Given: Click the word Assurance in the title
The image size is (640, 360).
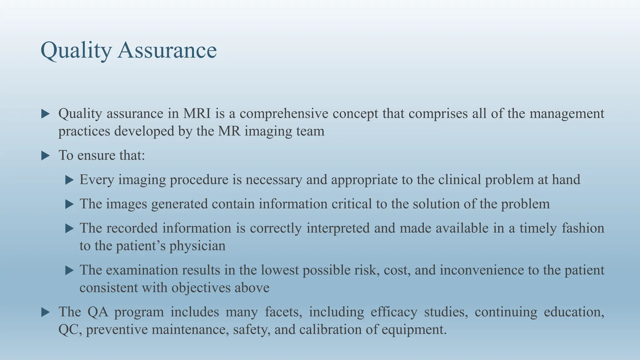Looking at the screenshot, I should pos(167,51).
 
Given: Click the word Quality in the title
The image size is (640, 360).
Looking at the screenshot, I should pos(76,51).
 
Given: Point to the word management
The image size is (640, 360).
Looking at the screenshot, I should pos(567,113).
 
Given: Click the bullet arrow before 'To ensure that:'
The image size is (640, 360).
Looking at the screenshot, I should pos(46,156).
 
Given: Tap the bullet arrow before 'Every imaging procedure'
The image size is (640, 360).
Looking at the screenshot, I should pos(69,180).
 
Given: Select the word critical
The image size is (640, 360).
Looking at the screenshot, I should pos(352,204).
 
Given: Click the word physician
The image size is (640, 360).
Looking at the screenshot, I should pos(197,246).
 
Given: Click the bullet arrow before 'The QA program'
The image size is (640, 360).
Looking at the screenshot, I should pos(46,312).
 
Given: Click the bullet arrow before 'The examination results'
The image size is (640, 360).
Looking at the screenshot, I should pos(69,270).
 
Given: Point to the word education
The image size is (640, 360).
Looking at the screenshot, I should pos(574,312).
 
